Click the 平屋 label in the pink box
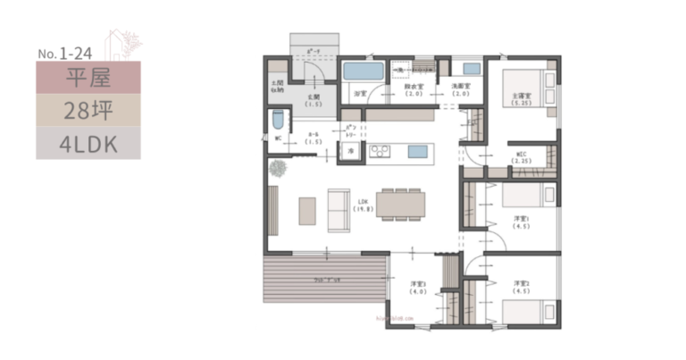coord(88,78)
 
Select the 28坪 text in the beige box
coord(88,111)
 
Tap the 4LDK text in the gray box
coord(88,143)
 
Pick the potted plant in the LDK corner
coord(279,167)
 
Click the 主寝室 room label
coord(522,98)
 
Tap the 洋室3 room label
coord(417,288)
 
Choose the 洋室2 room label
coord(522,288)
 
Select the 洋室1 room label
coord(522,222)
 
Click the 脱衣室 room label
coord(414,90)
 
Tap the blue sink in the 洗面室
coord(471,69)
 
